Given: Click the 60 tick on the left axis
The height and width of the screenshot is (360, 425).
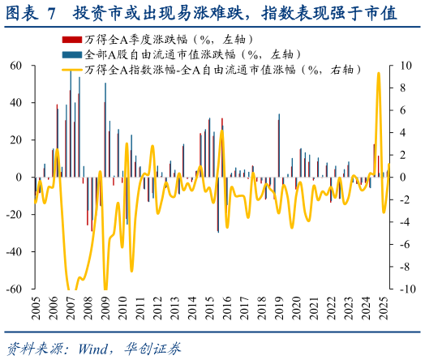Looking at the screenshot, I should (x=15, y=66).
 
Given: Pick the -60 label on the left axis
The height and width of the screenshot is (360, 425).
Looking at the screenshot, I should (x=13, y=289).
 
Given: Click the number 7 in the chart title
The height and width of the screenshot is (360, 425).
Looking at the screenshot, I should (x=51, y=13).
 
